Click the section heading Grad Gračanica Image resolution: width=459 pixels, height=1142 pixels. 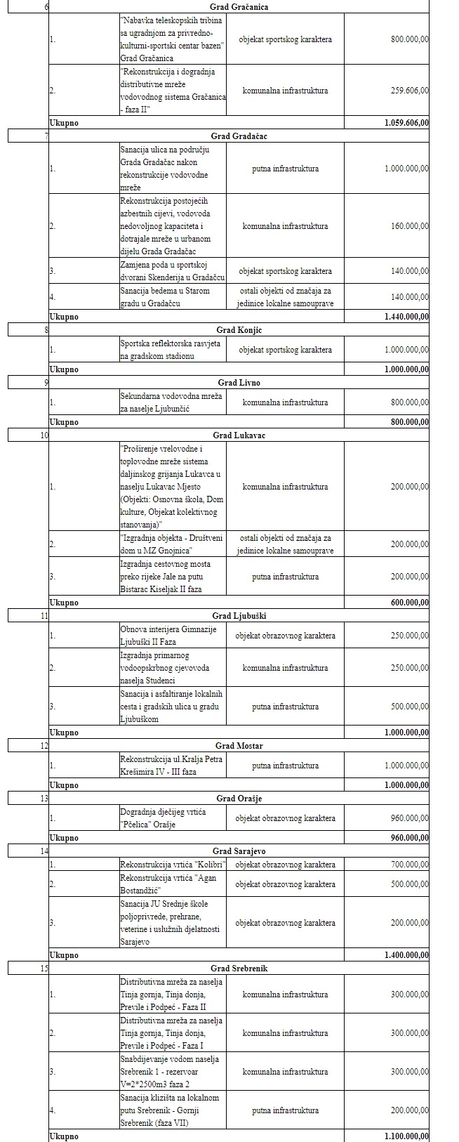pos(239,7)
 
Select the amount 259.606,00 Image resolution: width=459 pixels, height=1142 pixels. pos(410,91)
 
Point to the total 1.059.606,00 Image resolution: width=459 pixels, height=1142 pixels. pos(406,123)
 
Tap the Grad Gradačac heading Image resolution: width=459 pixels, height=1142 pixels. pos(239,136)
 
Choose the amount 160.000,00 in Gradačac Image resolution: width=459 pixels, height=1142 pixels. pos(410,226)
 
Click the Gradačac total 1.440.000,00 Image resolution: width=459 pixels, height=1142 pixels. pos(406,317)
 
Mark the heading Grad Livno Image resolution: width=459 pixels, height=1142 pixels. pos(239,383)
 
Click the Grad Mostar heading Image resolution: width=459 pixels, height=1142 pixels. pos(239,746)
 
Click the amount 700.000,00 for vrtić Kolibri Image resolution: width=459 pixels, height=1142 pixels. pos(410,865)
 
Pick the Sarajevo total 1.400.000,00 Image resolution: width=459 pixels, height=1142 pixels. pos(406,955)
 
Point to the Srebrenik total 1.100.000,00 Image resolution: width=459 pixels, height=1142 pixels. pos(406,1136)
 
